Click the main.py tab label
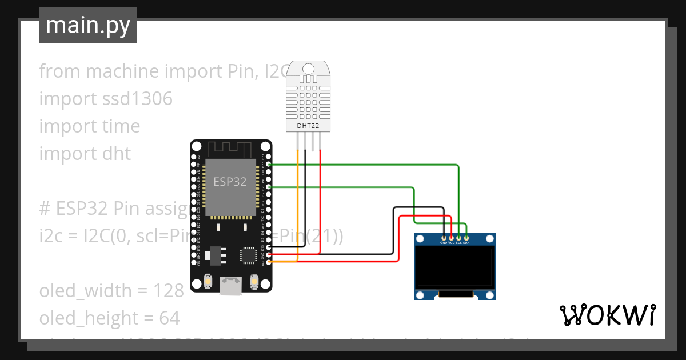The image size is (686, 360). pos(88,25)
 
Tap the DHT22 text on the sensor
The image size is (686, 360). pos(308,126)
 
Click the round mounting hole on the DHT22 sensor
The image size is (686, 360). pos(309,69)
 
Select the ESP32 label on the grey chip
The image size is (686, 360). pos(230,182)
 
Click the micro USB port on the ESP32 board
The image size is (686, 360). pos(230,286)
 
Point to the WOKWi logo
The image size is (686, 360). pos(607,315)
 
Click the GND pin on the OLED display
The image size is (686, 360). pos(444,237)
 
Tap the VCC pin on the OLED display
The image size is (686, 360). pos(452,237)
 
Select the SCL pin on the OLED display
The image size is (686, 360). pos(458,237)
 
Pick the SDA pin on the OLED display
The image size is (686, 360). pos(466,237)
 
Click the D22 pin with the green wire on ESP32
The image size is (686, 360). pos(269,165)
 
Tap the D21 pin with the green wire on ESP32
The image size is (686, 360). pos(269,186)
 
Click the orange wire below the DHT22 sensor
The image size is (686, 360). pos(297,200)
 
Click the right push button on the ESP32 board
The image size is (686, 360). pos(254,282)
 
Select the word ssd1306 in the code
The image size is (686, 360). pos(137,99)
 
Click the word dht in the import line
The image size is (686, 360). pos(116,154)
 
